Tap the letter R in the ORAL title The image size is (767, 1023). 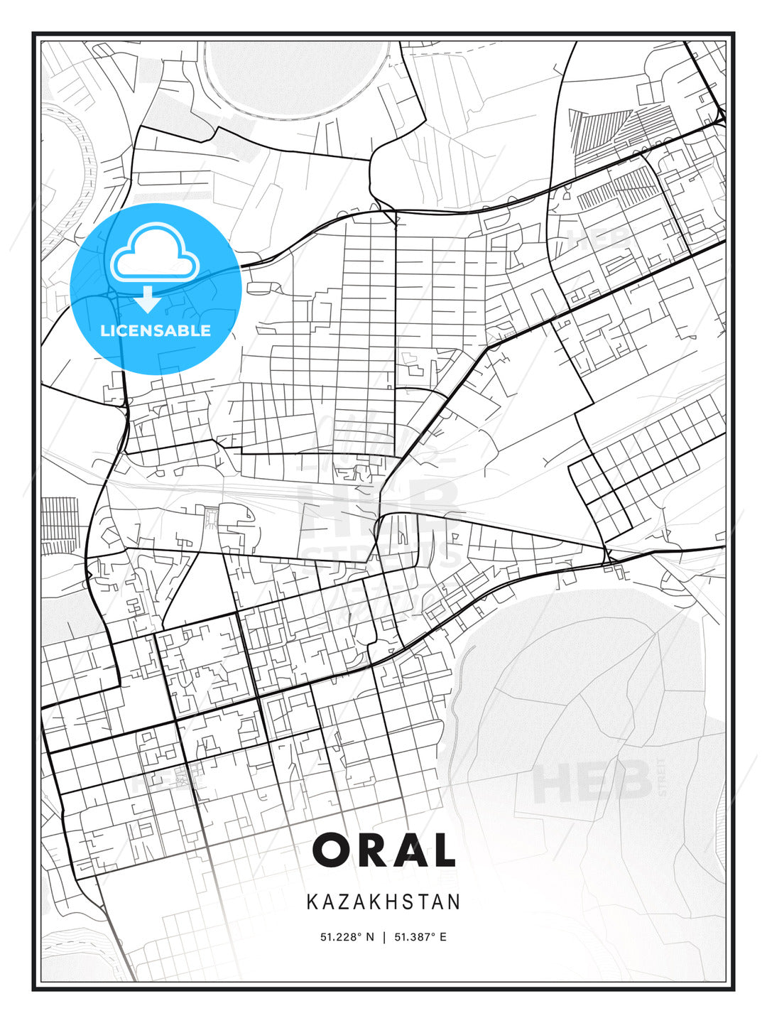[374, 850]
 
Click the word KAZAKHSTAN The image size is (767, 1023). [383, 902]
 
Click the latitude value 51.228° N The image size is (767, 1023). [347, 937]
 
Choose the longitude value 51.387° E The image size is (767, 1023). [420, 937]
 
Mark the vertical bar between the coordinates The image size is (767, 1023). [384, 937]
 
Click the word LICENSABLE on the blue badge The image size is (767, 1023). [156, 330]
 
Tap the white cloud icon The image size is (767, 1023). [155, 253]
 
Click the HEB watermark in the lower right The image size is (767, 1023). [592, 781]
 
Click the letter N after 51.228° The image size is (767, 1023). [370, 937]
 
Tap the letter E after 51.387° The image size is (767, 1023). [443, 937]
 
